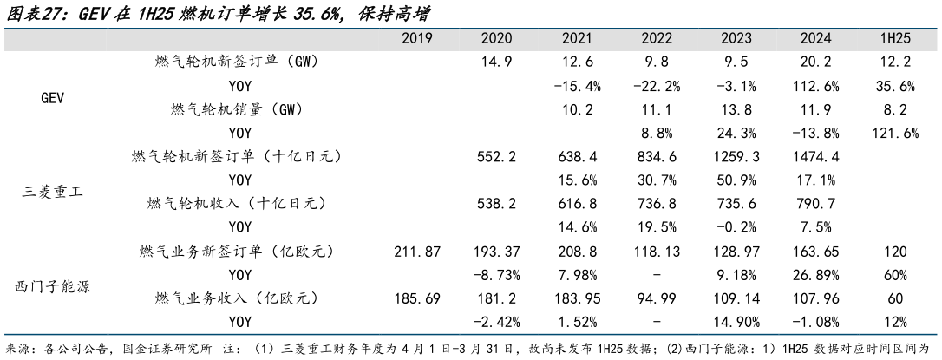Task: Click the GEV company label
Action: [x=54, y=98]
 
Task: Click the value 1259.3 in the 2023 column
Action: [x=739, y=156]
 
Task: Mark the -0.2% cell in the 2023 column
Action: [x=739, y=226]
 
